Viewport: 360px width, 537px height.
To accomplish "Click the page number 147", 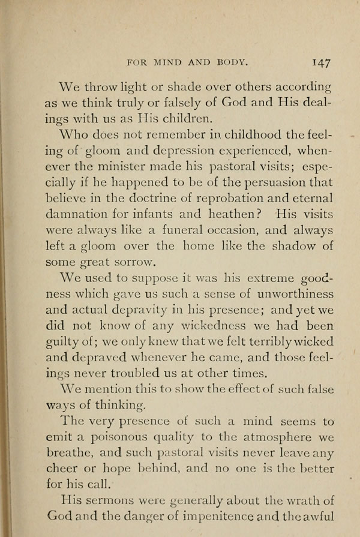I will (x=324, y=61).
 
